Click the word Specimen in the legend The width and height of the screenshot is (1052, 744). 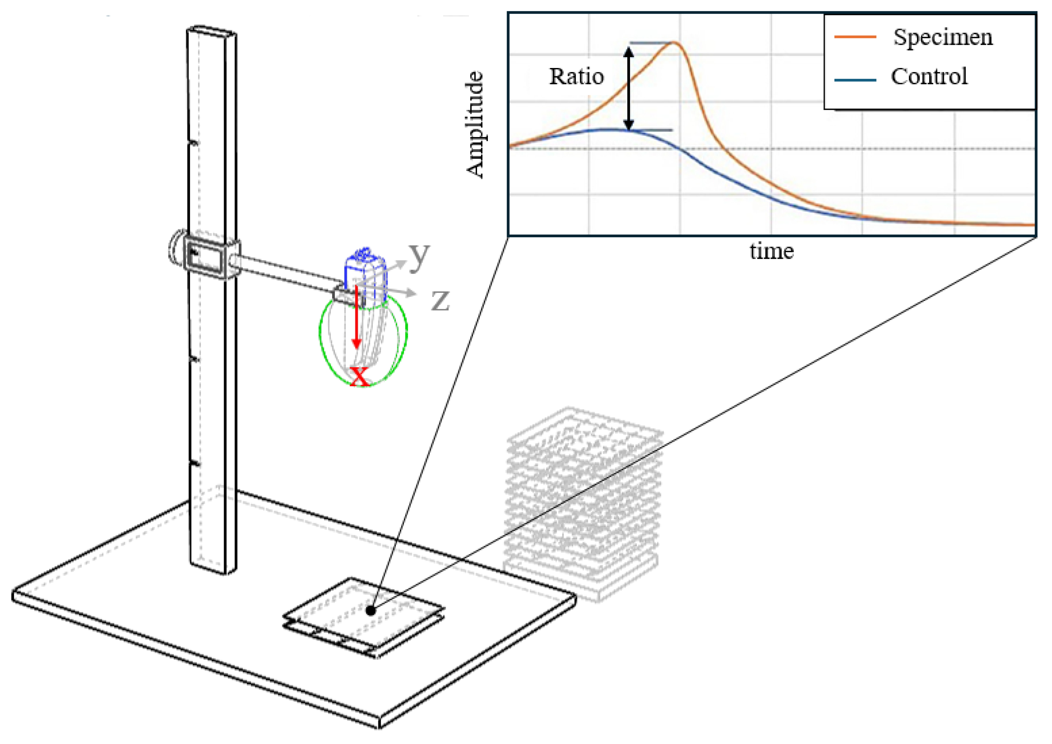[943, 37]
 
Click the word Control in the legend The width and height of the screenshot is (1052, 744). [929, 77]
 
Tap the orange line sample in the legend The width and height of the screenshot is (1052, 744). [855, 37]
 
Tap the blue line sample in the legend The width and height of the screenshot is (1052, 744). [855, 80]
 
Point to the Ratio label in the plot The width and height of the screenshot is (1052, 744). [576, 77]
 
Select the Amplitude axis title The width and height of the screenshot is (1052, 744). [475, 124]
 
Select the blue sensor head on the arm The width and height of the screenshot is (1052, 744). [365, 275]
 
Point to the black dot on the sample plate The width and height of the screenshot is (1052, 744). [371, 611]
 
